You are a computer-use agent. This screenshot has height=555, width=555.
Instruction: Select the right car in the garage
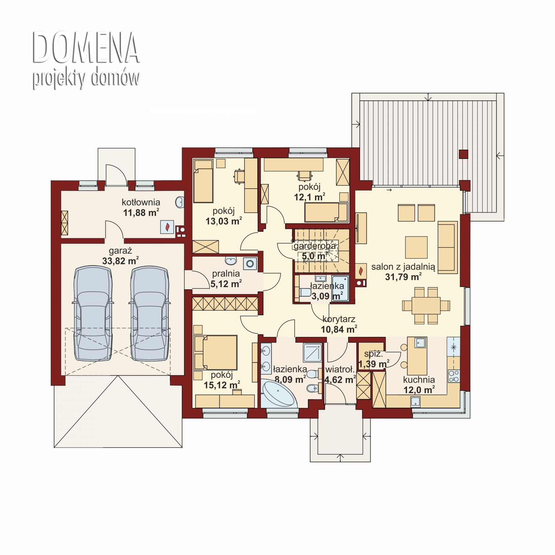click(x=150, y=314)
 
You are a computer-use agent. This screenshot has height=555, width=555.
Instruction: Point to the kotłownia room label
click(x=141, y=202)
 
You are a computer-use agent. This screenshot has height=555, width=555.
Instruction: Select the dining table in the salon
click(x=426, y=306)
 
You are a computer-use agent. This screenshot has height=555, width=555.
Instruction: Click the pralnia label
click(x=226, y=274)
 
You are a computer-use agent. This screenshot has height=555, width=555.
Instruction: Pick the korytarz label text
click(x=339, y=319)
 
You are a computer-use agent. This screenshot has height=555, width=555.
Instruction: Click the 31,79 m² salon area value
click(x=403, y=277)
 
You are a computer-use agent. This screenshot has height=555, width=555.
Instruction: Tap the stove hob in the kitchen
click(x=454, y=376)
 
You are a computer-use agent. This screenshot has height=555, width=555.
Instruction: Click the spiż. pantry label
click(x=374, y=354)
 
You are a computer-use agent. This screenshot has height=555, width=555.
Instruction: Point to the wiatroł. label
click(x=340, y=369)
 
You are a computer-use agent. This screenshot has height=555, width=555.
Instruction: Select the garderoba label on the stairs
click(x=314, y=246)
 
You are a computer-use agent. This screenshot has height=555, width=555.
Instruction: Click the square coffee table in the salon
click(x=416, y=247)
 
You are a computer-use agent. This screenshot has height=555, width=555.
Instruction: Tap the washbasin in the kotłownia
click(x=180, y=202)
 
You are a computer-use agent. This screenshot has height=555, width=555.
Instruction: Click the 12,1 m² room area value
click(x=310, y=197)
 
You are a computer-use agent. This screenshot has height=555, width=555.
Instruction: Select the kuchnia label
click(x=419, y=380)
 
